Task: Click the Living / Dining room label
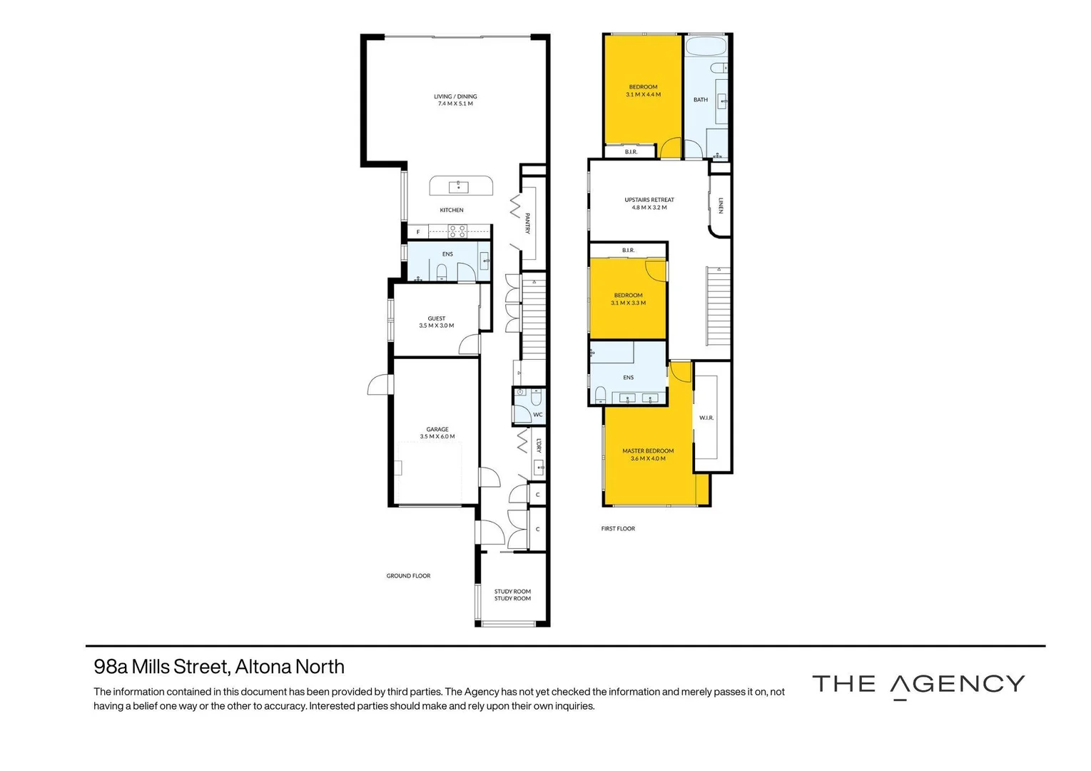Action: (455, 96)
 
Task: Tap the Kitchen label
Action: (452, 210)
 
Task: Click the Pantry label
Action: (527, 223)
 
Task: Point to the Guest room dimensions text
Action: (437, 326)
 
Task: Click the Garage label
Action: (437, 430)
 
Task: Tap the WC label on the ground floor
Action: (538, 415)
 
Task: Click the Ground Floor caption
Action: (408, 576)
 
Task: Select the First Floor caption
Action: (618, 529)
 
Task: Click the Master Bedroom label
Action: (648, 451)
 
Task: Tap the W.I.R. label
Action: (706, 418)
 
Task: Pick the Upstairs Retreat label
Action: (649, 200)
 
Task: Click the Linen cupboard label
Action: (721, 206)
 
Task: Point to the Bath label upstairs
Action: (701, 100)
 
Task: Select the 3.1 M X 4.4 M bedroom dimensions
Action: (644, 95)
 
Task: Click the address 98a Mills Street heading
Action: (219, 667)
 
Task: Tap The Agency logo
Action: (918, 685)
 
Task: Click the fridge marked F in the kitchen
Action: (418, 232)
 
